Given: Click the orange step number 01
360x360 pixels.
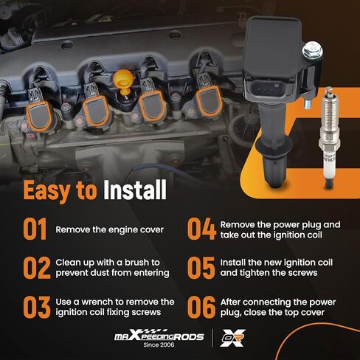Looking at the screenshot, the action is click(35, 229).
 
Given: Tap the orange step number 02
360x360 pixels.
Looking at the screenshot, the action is click(37, 268).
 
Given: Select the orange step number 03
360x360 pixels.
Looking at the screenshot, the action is click(37, 307).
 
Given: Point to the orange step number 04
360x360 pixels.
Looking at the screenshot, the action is click(201, 229).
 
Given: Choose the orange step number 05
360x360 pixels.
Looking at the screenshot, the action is click(201, 268).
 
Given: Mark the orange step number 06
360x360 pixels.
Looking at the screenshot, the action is click(201, 307).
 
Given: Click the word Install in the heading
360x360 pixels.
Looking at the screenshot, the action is click(135, 190).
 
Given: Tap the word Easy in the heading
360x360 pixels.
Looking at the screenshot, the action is click(46, 191).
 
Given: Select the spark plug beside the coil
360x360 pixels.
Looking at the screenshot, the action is click(329, 138).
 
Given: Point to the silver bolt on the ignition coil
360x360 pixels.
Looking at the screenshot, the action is click(312, 50).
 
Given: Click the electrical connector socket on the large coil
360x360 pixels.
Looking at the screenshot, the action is click(267, 89).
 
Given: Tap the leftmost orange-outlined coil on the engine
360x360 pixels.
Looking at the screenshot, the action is click(39, 116).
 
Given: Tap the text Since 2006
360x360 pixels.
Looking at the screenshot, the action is click(159, 345).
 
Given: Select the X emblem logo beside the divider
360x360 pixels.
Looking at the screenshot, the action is click(232, 338).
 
